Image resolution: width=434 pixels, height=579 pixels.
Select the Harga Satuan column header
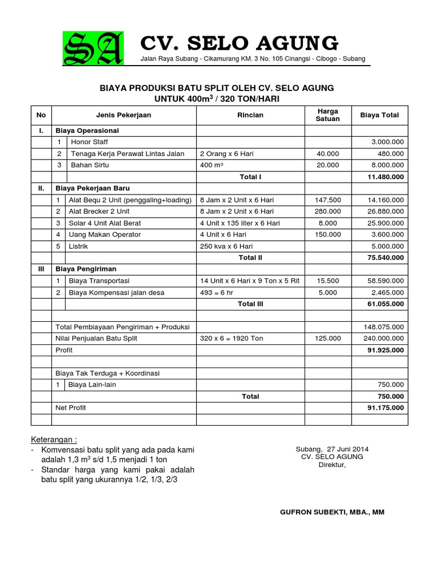[328, 115]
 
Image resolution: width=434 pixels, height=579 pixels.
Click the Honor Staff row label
[89, 142]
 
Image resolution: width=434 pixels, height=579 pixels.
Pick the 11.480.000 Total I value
[386, 177]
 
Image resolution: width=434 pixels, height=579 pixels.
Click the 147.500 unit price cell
[328, 200]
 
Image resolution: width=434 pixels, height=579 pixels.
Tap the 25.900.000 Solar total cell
[386, 223]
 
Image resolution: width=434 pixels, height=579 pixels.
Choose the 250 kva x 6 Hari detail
[226, 247]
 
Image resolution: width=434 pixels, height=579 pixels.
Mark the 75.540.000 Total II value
[386, 258]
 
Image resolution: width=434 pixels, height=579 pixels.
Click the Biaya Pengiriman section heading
[85, 269]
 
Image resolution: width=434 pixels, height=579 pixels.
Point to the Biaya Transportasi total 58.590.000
[386, 281]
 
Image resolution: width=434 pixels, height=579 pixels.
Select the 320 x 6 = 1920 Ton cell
[231, 339]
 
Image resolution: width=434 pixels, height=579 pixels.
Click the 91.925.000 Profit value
[386, 350]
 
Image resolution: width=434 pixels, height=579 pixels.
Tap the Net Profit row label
[71, 408]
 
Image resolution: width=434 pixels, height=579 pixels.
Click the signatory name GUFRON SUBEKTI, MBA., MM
[332, 512]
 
